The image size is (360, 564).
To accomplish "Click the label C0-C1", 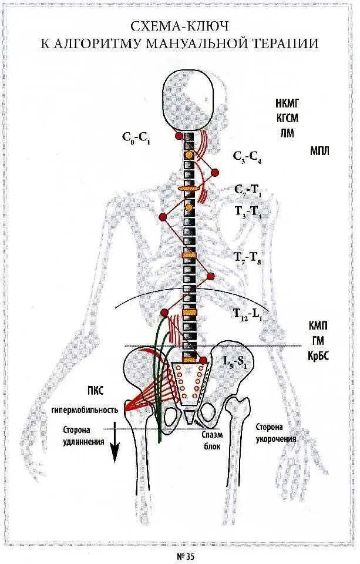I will pyautogui.click(x=135, y=137).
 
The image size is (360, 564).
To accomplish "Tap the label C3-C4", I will pyautogui.click(x=247, y=157).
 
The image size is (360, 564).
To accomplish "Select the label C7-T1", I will pyautogui.click(x=248, y=189).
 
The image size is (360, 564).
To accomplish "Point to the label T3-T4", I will pyautogui.click(x=248, y=212).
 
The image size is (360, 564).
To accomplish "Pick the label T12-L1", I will pyautogui.click(x=248, y=314).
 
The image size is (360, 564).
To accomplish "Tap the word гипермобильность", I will pyautogui.click(x=93, y=409).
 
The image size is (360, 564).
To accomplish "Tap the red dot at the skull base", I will pyautogui.click(x=179, y=136).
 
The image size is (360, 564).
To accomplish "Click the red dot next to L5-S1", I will pyautogui.click(x=203, y=360).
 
